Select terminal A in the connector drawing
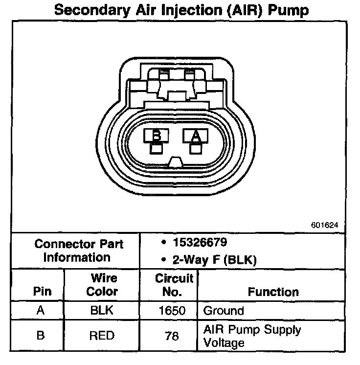click(x=196, y=136)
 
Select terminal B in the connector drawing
click(x=157, y=136)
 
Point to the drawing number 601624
click(x=324, y=226)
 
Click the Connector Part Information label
click(x=79, y=250)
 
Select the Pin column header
click(x=42, y=292)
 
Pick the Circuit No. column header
click(x=174, y=285)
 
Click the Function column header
click(x=273, y=292)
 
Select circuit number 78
click(x=172, y=336)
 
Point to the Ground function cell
click(x=223, y=310)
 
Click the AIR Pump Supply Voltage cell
click(x=251, y=336)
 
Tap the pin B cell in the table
click(x=41, y=336)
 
